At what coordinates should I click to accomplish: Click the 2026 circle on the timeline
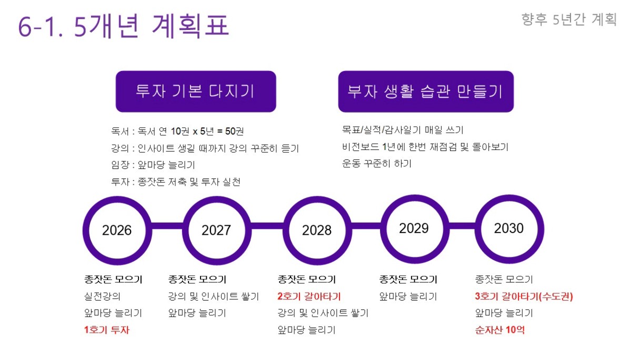click(117, 231)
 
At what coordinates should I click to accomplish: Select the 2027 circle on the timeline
click(216, 231)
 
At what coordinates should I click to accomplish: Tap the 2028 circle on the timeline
click(317, 231)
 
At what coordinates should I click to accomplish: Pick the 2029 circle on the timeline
click(414, 229)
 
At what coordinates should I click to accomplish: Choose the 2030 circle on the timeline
click(509, 229)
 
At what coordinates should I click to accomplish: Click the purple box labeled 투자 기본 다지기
click(196, 92)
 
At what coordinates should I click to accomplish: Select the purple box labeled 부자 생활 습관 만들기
click(426, 92)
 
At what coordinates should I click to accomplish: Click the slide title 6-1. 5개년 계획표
click(124, 26)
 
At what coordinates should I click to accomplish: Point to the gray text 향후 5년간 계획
click(569, 19)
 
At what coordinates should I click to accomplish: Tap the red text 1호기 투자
click(106, 330)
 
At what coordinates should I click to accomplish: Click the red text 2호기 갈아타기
click(309, 296)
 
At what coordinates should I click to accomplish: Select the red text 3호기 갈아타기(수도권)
click(524, 296)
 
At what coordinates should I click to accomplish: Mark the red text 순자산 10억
click(499, 330)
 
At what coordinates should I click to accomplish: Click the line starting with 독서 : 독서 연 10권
click(177, 132)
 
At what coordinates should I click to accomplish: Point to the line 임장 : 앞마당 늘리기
click(153, 165)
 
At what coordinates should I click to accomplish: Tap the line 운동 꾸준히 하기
click(376, 164)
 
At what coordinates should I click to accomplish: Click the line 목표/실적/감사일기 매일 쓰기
click(403, 130)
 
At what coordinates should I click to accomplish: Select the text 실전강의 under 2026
click(102, 296)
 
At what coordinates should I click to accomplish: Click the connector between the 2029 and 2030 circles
click(462, 226)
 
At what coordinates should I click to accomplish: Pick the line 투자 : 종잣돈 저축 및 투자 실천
click(175, 182)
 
